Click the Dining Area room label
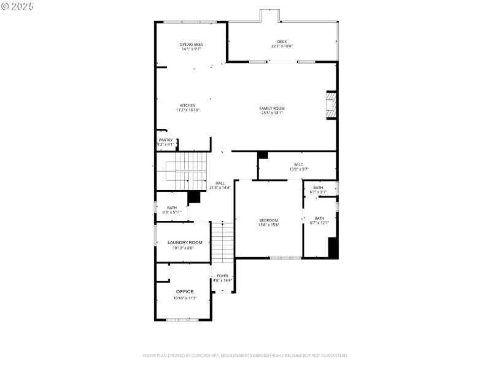click(191, 44)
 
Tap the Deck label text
click(282, 42)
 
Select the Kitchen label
click(187, 105)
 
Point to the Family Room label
click(272, 108)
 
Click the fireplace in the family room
click(331, 105)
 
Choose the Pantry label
click(166, 140)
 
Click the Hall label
click(220, 183)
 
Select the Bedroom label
click(268, 220)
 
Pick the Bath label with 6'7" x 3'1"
click(318, 188)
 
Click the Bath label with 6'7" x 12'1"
click(319, 218)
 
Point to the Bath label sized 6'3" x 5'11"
click(172, 208)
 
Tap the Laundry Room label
click(185, 242)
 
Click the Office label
click(185, 291)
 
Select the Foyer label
click(222, 276)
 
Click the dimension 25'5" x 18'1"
click(272, 113)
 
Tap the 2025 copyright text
click(18, 6)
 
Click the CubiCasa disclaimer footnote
click(245, 355)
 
